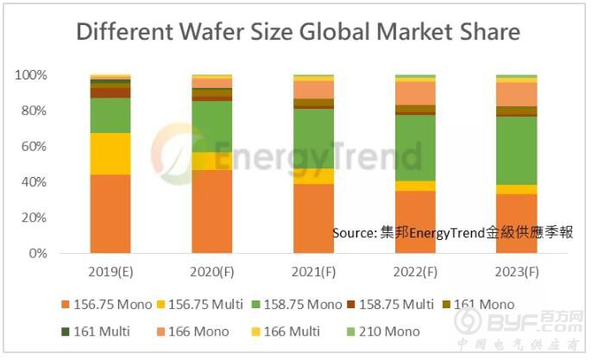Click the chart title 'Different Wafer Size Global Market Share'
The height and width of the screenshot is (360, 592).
point(298,33)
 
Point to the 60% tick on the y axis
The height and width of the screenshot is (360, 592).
point(32,147)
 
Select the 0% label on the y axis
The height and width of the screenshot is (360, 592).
point(37,254)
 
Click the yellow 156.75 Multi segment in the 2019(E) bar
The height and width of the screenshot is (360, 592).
point(110,154)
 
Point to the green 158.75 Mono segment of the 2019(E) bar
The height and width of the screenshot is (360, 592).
point(110,115)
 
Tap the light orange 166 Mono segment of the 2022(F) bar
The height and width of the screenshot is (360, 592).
point(415,92)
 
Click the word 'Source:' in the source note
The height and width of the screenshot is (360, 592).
point(355,233)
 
